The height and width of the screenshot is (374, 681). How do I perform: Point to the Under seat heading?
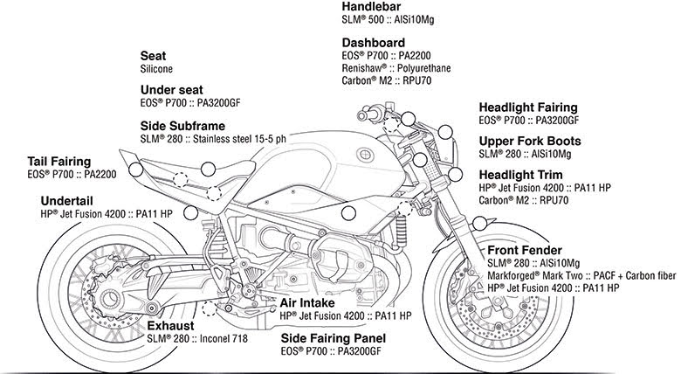coord(173,89)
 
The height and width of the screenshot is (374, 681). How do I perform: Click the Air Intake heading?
coord(305,301)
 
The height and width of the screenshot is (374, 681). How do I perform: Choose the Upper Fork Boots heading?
coord(542,141)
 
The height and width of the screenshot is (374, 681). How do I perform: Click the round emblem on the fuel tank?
coord(361,156)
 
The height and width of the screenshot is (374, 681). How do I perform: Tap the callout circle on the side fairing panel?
coord(348,212)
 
